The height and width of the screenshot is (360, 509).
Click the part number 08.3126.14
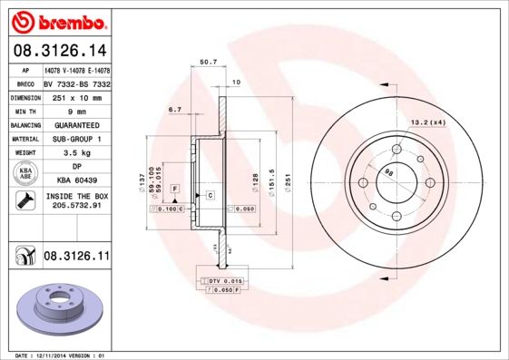58,52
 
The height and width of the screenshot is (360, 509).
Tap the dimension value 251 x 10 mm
76,95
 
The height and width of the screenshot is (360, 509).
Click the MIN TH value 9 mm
76,110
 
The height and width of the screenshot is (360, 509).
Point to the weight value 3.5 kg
76,153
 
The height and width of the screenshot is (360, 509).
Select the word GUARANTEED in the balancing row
76,124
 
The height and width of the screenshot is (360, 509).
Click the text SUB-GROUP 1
76,139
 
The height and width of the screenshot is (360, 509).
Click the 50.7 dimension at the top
207,63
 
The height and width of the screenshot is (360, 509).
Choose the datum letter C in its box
210,195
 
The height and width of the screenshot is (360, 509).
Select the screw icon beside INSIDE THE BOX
22,201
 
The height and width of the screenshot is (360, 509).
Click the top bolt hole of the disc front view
396,150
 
